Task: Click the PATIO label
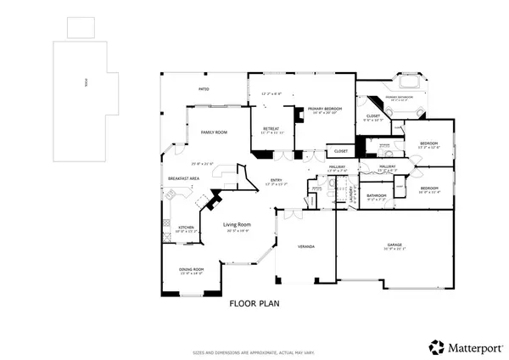(x=204, y=88)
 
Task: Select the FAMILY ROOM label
(x=214, y=133)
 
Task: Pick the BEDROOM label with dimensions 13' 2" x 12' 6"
(x=429, y=143)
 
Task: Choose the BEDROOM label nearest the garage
(x=429, y=188)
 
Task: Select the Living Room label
(x=238, y=225)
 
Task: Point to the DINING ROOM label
(x=191, y=269)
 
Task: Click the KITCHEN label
(x=186, y=228)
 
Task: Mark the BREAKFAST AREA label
(x=183, y=178)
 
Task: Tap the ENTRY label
(x=277, y=180)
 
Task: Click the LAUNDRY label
(x=351, y=196)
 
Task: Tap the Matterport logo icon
(x=435, y=346)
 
